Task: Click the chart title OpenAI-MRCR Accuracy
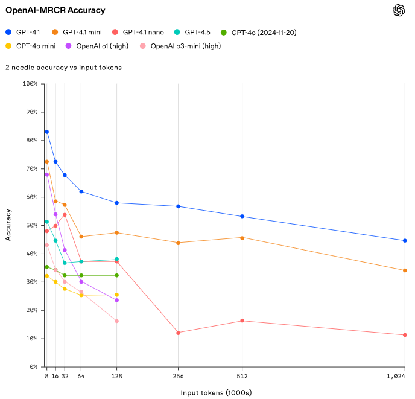(55, 10)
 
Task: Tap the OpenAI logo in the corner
(398, 10)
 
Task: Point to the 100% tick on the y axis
(29, 84)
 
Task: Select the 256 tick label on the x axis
(178, 376)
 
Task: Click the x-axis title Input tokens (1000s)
(216, 392)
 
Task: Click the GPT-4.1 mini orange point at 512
(242, 238)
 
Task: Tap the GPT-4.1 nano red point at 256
(178, 333)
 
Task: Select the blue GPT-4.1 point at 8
(46, 132)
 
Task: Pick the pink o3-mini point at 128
(116, 321)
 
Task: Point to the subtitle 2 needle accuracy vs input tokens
(63, 68)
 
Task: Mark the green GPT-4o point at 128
(116, 275)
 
